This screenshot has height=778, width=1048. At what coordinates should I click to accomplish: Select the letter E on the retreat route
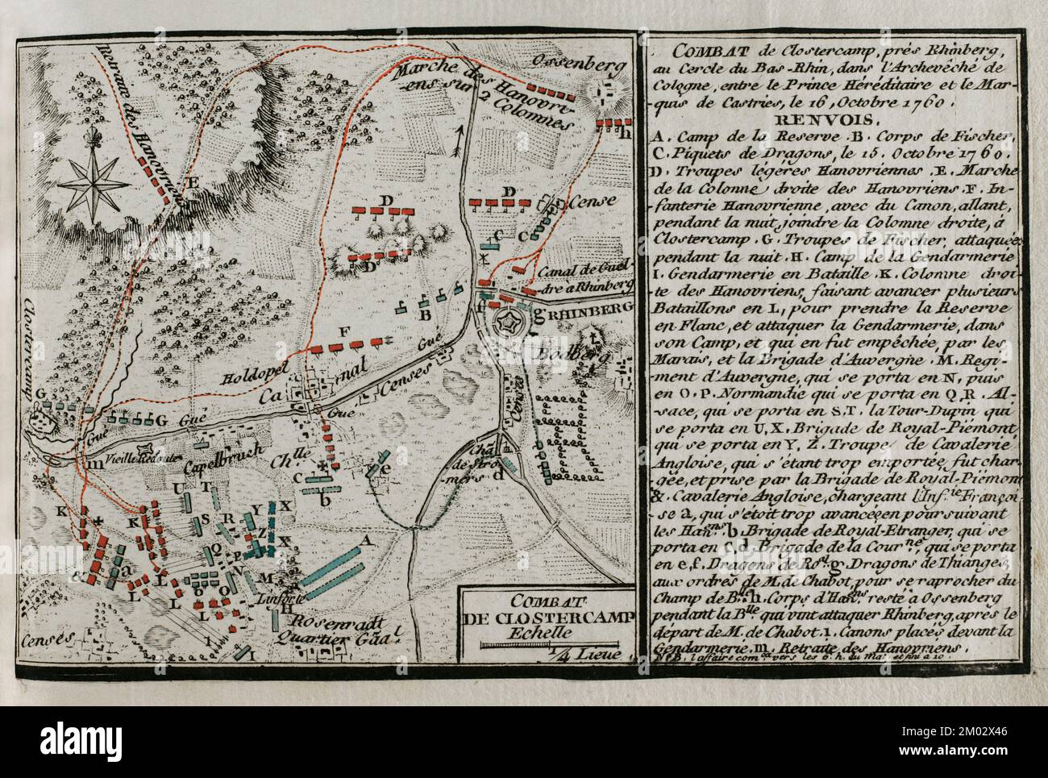pos(191,183)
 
